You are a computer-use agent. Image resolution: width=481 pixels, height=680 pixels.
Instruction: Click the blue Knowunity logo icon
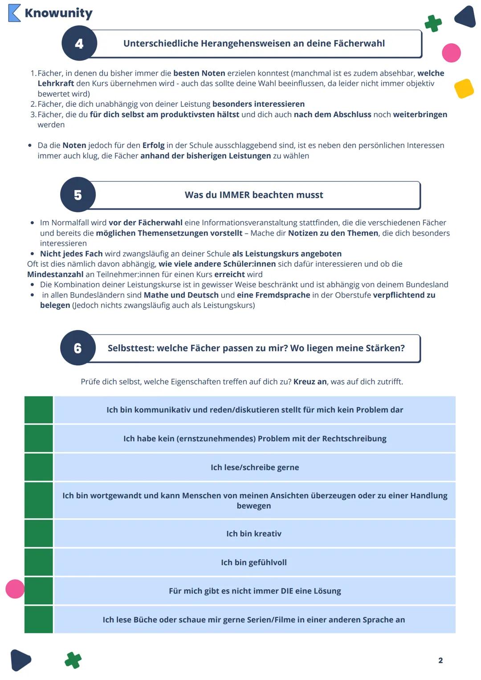point(14,13)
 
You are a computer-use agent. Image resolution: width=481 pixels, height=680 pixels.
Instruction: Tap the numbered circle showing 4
point(79,44)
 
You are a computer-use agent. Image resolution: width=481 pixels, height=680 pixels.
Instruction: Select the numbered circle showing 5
point(78,195)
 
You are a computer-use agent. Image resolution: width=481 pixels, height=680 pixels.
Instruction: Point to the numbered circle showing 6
point(78,348)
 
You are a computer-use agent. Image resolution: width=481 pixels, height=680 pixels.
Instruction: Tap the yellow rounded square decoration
point(464,88)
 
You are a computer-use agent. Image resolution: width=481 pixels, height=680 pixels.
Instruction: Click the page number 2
point(440,660)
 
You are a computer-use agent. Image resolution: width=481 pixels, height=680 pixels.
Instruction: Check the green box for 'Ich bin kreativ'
point(39,533)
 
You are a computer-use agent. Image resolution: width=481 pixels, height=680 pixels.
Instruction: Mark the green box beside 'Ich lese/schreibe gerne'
point(39,467)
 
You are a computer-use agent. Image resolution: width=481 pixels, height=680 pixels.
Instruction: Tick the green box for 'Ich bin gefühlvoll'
point(39,562)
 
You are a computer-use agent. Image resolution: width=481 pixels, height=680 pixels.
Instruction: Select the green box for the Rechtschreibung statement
point(39,439)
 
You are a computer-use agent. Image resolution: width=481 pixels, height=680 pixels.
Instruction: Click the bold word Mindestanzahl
point(55,274)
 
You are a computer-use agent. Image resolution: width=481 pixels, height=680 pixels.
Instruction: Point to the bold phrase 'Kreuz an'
point(310,382)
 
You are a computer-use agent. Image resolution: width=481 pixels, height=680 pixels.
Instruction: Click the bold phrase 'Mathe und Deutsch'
point(181,295)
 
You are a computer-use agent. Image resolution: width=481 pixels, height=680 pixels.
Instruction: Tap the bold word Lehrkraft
point(56,83)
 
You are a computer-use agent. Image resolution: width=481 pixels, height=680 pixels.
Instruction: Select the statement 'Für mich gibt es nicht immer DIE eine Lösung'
point(255,591)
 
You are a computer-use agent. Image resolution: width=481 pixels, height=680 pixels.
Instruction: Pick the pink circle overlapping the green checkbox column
point(15,589)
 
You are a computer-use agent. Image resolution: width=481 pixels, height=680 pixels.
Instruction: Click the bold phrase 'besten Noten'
point(199,73)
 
